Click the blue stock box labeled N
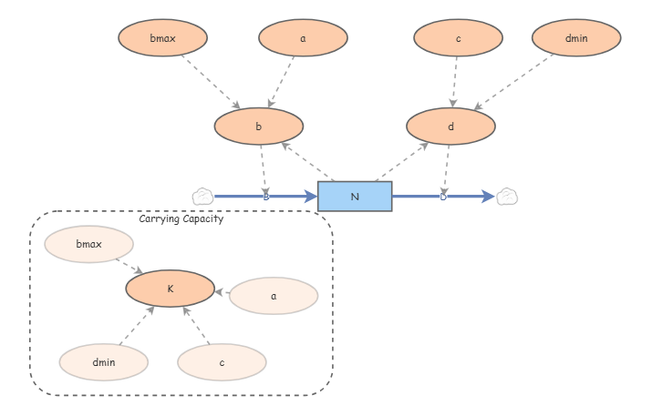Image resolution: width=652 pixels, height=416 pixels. click(x=355, y=197)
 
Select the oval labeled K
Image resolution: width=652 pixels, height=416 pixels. click(x=171, y=289)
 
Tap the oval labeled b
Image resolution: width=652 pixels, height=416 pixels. click(x=259, y=127)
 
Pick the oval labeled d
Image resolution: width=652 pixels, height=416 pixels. click(x=450, y=127)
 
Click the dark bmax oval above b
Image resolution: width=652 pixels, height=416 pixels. click(x=162, y=38)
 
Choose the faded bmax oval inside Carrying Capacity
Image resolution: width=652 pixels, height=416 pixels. click(x=89, y=244)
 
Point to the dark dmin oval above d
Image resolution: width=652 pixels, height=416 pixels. click(x=576, y=38)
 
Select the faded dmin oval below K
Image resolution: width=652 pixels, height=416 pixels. click(x=104, y=362)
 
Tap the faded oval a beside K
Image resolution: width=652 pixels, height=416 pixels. click(x=274, y=296)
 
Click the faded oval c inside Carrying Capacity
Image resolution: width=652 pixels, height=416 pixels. click(x=222, y=362)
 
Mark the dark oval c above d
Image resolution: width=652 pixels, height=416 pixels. click(x=459, y=38)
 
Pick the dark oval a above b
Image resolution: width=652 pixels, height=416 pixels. click(x=303, y=38)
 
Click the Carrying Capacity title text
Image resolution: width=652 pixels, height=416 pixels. click(x=181, y=218)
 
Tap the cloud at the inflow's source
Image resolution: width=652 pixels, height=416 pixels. click(x=203, y=197)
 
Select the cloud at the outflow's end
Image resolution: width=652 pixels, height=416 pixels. click(x=507, y=197)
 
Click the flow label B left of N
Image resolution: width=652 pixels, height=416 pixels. click(x=266, y=197)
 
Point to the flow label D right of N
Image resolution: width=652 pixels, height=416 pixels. click(x=443, y=197)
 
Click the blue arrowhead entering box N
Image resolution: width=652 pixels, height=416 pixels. click(x=311, y=197)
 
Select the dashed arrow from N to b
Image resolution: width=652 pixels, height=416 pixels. click(x=307, y=162)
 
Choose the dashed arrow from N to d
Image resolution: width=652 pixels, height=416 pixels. click(x=402, y=162)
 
